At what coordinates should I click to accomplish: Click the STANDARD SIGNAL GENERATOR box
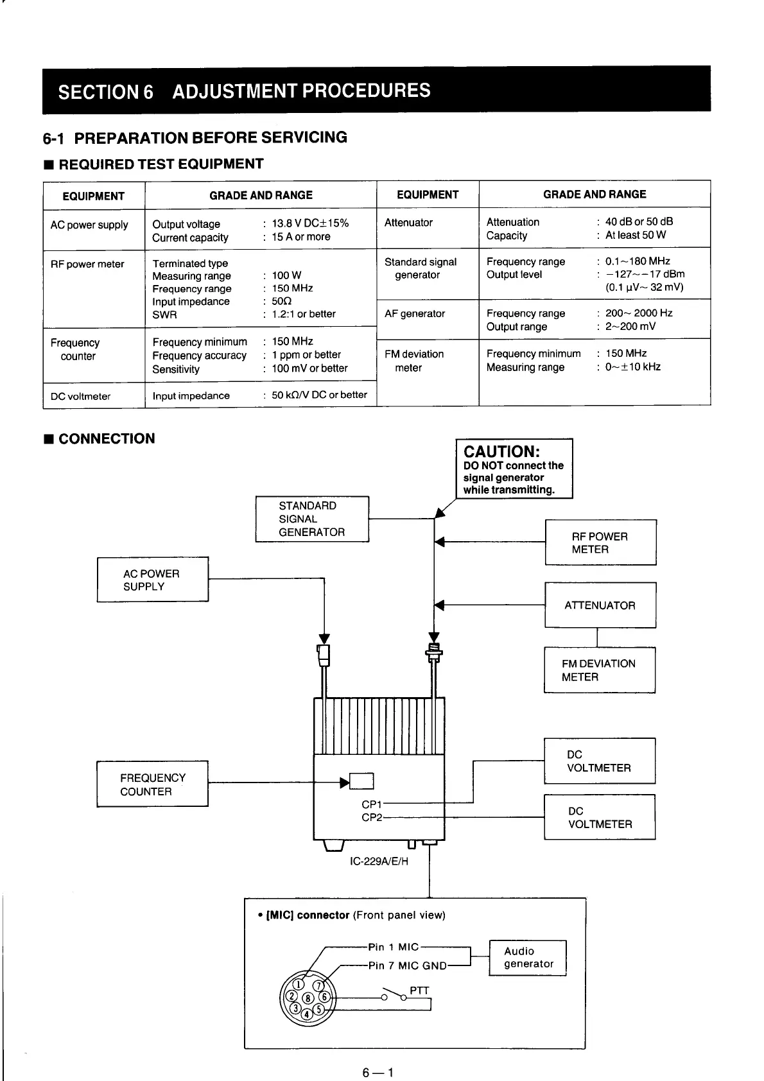(312, 519)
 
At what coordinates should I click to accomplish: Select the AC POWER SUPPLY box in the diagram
(152, 580)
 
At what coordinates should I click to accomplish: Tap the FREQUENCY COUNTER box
(152, 784)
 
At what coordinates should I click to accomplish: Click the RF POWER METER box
(600, 542)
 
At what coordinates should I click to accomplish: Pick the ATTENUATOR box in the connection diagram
(600, 605)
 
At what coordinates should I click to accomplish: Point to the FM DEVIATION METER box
(599, 670)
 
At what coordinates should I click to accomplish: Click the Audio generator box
(528, 958)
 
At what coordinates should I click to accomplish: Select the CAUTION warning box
(514, 469)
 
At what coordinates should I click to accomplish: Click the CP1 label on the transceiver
(372, 804)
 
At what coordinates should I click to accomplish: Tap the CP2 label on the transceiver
(372, 818)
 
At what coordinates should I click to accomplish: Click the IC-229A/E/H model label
(379, 861)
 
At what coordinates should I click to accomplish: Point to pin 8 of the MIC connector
(308, 998)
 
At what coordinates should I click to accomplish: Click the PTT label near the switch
(419, 990)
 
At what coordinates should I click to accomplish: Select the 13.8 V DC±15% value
(310, 223)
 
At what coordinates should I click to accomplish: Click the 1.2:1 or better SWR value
(303, 314)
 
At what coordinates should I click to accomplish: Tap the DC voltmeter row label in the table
(81, 396)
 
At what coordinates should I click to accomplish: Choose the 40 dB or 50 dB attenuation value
(639, 221)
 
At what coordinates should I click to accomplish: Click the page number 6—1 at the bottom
(378, 1073)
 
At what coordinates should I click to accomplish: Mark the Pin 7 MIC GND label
(407, 965)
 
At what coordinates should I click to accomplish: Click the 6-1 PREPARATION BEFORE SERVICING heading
(195, 137)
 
